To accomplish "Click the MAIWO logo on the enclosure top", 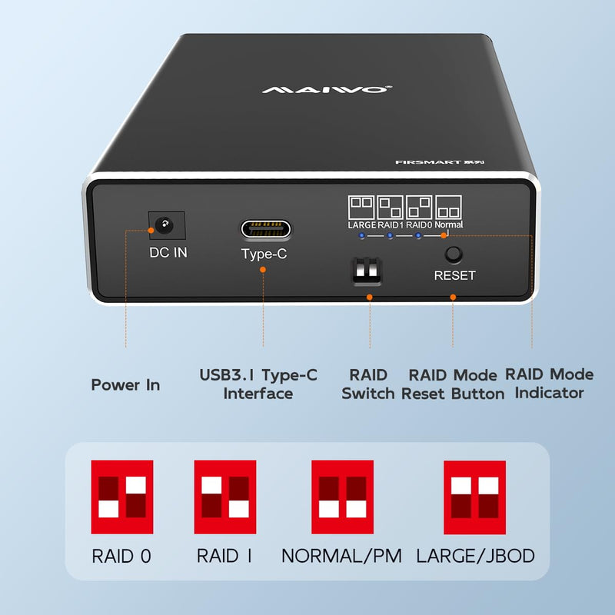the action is [x=327, y=90].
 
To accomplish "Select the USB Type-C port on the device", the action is [x=266, y=229].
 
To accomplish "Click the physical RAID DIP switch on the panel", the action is [x=367, y=271].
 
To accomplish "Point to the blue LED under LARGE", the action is [x=362, y=236].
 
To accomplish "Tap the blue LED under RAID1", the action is [x=390, y=236].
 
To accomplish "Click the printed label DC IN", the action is [x=168, y=253].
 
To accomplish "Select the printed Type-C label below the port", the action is [x=264, y=254].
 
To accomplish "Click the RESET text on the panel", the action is [x=454, y=275].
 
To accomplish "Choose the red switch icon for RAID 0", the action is [x=122, y=497].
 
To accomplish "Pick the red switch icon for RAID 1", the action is [x=225, y=497].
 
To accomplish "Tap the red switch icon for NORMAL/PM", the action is [x=342, y=497].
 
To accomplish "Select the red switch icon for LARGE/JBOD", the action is [x=474, y=497].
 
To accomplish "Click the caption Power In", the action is [x=125, y=385].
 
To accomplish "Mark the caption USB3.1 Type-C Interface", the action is [x=258, y=384].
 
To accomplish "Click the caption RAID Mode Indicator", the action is [x=549, y=383].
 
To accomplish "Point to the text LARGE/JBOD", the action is [x=475, y=556].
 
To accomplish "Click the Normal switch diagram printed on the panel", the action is [x=448, y=208].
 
